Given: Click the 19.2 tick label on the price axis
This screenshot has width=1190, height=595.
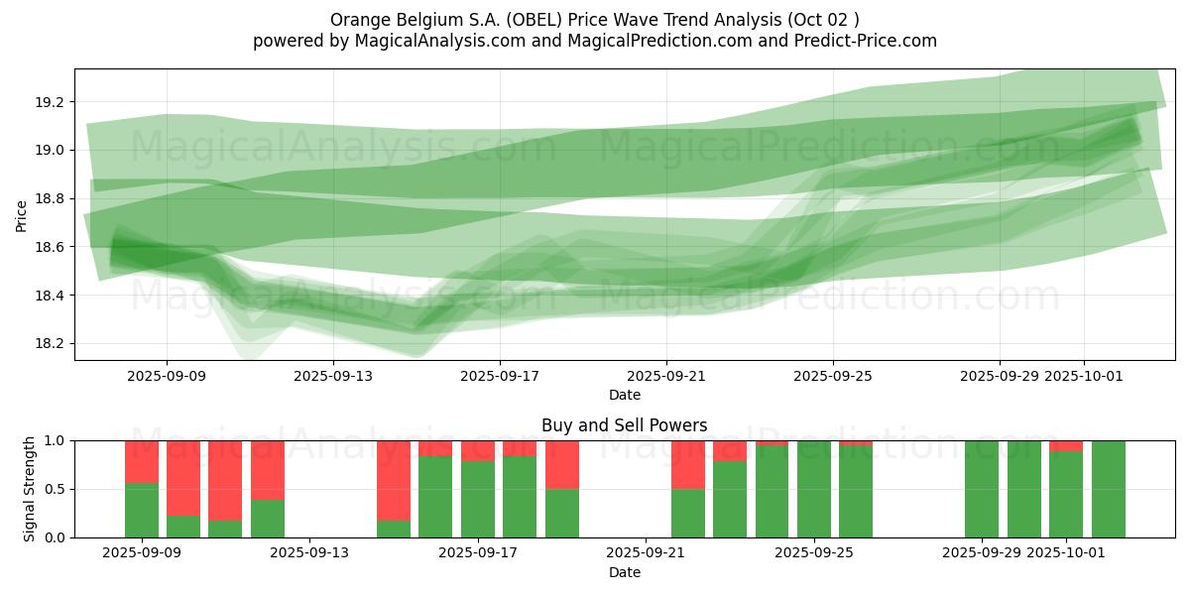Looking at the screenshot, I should [49, 102].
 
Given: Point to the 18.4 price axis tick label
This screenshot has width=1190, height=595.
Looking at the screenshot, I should [49, 296].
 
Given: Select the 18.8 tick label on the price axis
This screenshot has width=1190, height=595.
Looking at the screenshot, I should [49, 198].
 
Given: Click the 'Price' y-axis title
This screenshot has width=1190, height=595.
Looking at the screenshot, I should [22, 215].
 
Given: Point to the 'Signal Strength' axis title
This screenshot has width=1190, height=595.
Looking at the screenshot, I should [30, 489].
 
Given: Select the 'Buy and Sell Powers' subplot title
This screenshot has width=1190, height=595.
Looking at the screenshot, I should [624, 425].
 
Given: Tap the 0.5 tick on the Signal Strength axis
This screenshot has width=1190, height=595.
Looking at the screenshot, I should [56, 489].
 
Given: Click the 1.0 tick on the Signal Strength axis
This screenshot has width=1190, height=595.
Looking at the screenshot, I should [56, 440].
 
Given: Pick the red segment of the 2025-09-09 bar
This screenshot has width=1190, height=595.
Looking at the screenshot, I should [142, 461].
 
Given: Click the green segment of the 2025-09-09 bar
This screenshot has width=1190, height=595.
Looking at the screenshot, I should [142, 511].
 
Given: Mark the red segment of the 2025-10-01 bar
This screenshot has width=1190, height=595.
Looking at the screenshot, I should [1066, 445].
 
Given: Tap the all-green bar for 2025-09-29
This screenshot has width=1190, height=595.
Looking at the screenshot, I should [982, 489].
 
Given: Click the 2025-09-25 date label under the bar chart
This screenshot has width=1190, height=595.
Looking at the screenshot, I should [814, 552].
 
